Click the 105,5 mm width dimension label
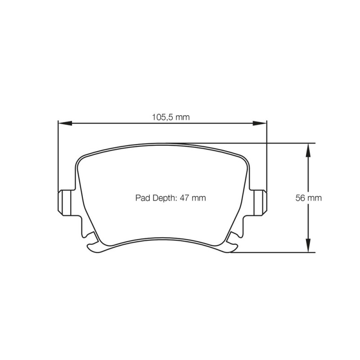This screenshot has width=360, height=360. [171, 117]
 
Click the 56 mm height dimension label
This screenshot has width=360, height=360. [309, 198]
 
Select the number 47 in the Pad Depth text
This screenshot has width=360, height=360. [184, 198]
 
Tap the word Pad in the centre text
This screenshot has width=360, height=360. [142, 198]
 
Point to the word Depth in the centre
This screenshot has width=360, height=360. [164, 198]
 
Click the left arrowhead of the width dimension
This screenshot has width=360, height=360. [65, 123]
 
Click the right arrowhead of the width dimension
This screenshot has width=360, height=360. [260, 123]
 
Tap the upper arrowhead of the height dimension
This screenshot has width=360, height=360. [308, 150]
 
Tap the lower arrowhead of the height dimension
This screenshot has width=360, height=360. [308, 245]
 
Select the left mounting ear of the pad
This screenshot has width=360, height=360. [64, 203]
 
